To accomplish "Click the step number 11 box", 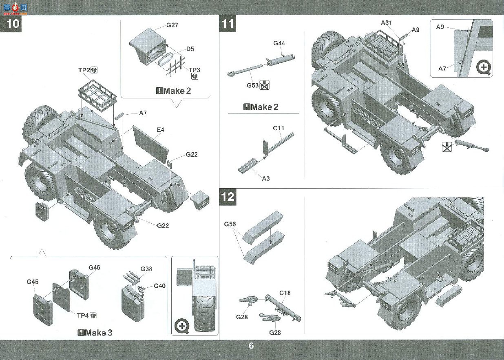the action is (228, 24).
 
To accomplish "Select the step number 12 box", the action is (228, 197).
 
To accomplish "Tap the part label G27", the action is (172, 25).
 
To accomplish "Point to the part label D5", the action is (190, 49).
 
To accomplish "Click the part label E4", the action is (160, 130).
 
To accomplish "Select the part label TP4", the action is (83, 316).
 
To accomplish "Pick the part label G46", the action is (94, 267).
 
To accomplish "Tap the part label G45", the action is (33, 282).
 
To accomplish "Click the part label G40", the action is (159, 286).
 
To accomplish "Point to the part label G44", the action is (279, 43).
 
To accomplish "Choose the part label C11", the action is (279, 128).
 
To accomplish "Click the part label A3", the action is (266, 179).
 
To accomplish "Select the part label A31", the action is (386, 22).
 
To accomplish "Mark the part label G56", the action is (230, 224).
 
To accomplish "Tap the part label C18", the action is (285, 293).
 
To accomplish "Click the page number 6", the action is (251, 346).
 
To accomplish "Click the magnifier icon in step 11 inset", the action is (484, 68).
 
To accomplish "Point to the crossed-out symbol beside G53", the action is (265, 85).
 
